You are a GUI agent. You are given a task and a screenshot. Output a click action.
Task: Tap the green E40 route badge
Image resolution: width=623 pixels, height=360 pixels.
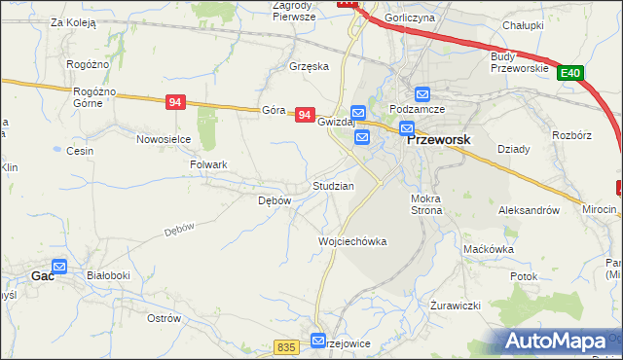point(571,72)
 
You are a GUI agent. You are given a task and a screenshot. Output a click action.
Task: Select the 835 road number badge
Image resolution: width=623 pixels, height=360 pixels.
point(285,347)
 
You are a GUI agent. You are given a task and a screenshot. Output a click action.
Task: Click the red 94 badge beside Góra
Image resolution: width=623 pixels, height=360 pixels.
point(305,115)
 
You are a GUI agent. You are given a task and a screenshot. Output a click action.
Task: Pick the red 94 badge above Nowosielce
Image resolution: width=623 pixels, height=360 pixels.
point(176,102)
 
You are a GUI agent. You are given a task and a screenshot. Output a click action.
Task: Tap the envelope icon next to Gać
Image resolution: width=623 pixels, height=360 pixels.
point(59,266)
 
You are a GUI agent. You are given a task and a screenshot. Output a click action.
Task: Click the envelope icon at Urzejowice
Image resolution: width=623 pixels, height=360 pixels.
point(318,341)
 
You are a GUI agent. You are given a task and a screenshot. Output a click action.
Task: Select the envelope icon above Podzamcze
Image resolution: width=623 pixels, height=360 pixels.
point(422,94)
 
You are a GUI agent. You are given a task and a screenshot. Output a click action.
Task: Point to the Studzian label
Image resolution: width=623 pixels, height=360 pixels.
point(333,185)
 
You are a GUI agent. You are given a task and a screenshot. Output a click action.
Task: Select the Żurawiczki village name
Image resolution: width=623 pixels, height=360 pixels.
point(456,305)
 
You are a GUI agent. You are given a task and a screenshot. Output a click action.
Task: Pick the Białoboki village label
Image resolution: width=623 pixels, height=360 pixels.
point(108,275)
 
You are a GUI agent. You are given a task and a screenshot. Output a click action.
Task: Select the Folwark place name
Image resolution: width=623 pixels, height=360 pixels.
point(208,165)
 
